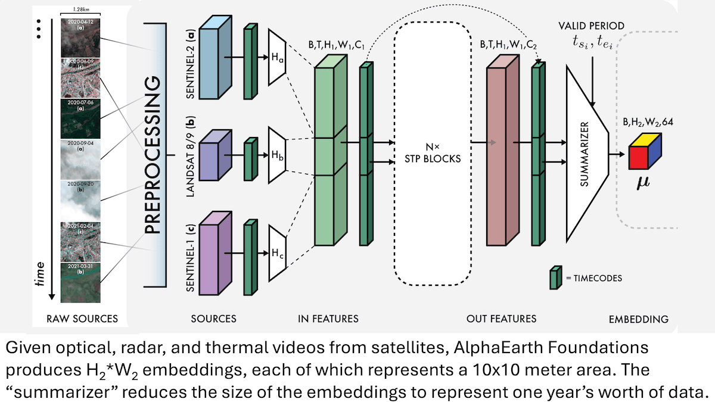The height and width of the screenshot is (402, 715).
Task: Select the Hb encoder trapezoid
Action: pyautogui.click(x=278, y=154)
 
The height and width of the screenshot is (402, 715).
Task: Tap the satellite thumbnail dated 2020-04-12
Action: pyautogui.click(x=80, y=37)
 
